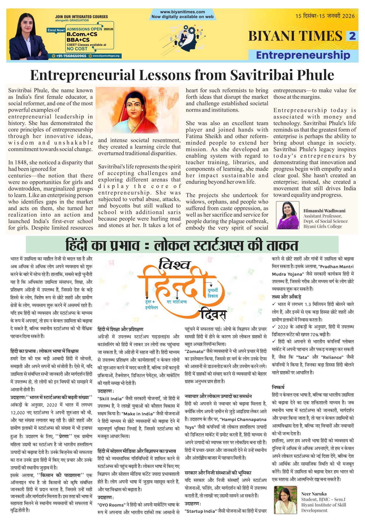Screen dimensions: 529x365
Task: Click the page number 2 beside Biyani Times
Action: (352, 36)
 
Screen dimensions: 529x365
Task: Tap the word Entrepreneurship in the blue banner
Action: (303, 55)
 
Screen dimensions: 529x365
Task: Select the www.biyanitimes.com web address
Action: (182, 12)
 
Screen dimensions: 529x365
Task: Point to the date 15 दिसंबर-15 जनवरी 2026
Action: (325, 16)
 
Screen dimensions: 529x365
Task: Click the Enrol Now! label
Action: (56, 30)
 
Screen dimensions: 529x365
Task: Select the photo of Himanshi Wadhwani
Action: (287, 215)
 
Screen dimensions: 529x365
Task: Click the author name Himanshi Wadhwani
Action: (324, 211)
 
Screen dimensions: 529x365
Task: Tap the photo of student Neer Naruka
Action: (285, 500)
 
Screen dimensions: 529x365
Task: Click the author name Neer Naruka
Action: (314, 494)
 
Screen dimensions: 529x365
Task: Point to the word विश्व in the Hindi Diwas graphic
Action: (174, 264)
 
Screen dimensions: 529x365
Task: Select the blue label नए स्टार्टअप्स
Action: (177, 301)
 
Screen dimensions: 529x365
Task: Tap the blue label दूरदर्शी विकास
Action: (213, 293)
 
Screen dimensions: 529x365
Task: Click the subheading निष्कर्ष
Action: (278, 387)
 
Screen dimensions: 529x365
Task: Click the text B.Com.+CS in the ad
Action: (82, 34)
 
